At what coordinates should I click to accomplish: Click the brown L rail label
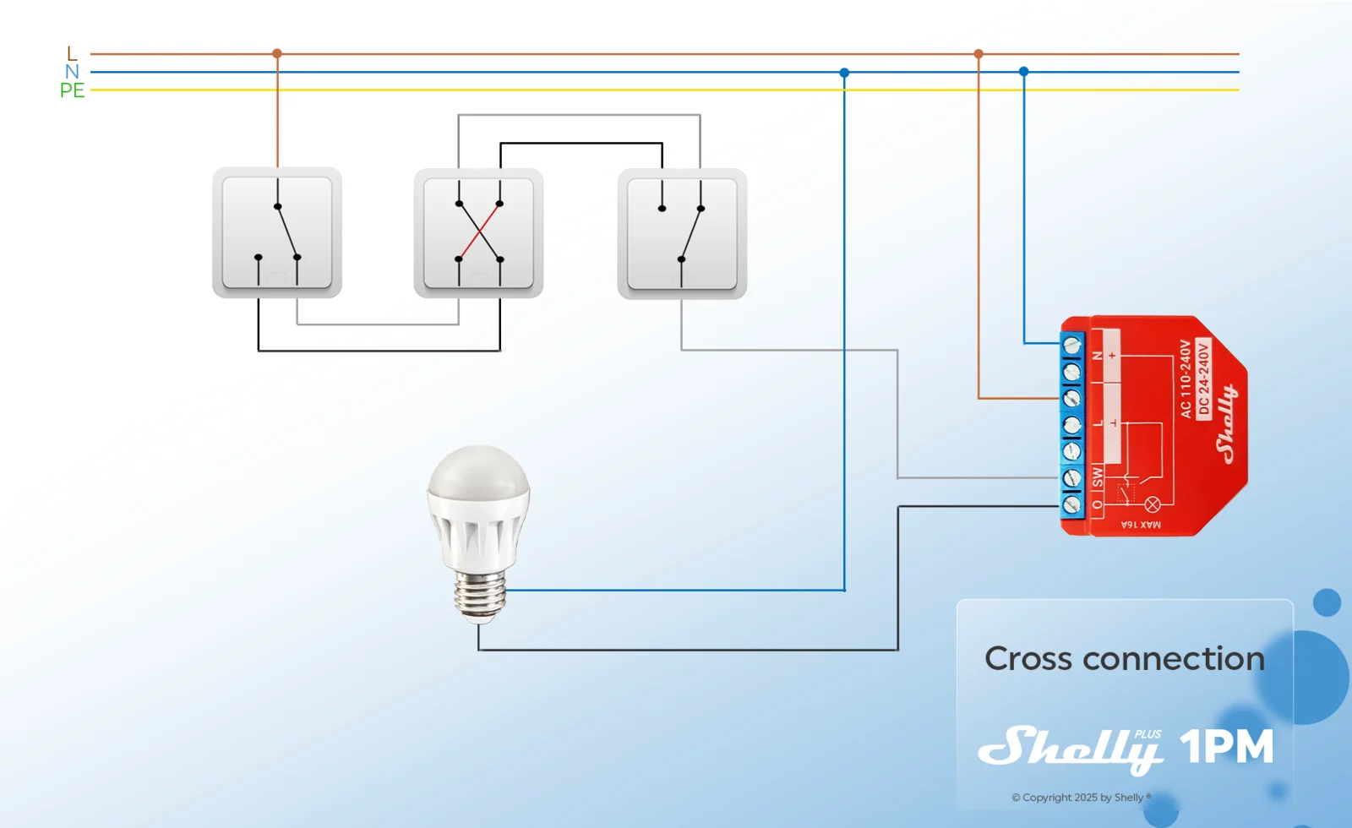73,54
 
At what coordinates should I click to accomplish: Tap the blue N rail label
72,72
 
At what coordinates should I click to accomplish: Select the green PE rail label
72,90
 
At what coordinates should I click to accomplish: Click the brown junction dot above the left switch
277,53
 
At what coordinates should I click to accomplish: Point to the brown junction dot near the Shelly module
979,54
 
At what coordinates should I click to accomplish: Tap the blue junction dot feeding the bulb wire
844,73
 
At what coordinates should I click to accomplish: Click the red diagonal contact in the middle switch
479,232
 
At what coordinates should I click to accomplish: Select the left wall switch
277,232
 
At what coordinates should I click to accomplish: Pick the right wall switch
682,233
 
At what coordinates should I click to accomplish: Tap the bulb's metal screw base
480,596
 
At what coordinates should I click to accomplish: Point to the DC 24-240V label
1203,379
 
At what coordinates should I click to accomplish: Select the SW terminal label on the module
1098,477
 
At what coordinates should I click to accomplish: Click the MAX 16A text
1141,525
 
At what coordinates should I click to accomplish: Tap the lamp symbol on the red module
1153,504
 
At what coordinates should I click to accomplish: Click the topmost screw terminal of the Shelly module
1072,346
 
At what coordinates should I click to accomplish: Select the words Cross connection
1125,658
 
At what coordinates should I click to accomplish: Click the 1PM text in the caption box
1226,747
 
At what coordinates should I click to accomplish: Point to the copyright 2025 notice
1082,798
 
